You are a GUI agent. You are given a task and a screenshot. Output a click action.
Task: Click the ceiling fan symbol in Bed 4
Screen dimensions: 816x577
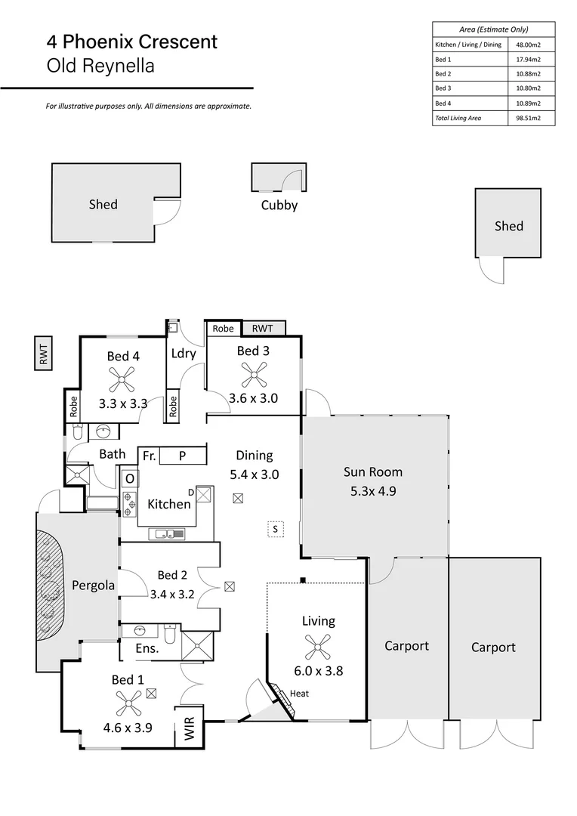120,376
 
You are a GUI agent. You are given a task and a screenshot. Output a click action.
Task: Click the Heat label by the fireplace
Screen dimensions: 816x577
299,693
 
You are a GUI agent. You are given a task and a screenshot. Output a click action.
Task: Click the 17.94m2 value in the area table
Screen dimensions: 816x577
526,60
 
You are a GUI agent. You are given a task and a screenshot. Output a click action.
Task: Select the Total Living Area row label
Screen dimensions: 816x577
458,118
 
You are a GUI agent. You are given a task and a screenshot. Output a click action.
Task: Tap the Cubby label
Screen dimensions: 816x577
279,205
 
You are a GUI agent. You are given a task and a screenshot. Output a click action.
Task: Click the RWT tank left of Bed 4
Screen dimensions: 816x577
44,353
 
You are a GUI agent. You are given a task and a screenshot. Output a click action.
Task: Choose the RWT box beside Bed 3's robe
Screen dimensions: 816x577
264,328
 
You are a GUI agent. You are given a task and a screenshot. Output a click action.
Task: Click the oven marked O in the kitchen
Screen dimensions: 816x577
129,479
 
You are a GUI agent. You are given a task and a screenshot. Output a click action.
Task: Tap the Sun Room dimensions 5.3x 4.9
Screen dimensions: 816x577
373,490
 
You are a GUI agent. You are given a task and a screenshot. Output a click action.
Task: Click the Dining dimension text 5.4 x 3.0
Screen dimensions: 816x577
254,474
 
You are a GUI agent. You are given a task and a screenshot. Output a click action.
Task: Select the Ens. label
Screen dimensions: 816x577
147,648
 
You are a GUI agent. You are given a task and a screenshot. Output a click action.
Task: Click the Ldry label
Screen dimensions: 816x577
183,353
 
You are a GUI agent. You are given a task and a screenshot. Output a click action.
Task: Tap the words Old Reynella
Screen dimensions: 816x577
100,66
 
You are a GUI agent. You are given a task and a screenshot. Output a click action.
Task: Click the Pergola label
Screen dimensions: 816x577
93,585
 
